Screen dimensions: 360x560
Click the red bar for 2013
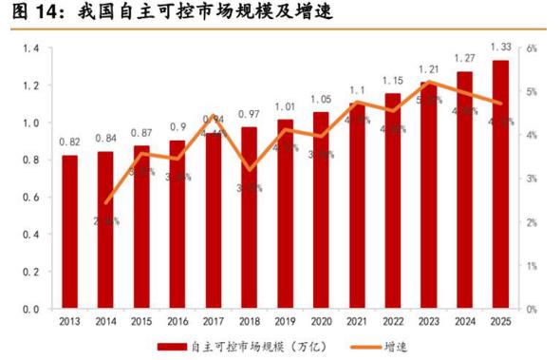pos(69,232)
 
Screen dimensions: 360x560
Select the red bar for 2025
pos(500,184)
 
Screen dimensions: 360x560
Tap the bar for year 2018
pos(249,218)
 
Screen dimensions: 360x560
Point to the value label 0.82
pos(69,141)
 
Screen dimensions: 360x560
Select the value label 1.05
pos(321,99)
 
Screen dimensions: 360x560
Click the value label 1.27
pos(464,59)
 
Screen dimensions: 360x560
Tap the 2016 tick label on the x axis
pos(177,321)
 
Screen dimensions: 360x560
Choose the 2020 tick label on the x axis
pos(321,321)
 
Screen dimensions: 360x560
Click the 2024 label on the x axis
pos(464,321)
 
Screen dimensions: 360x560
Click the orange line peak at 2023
pos(428,82)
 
